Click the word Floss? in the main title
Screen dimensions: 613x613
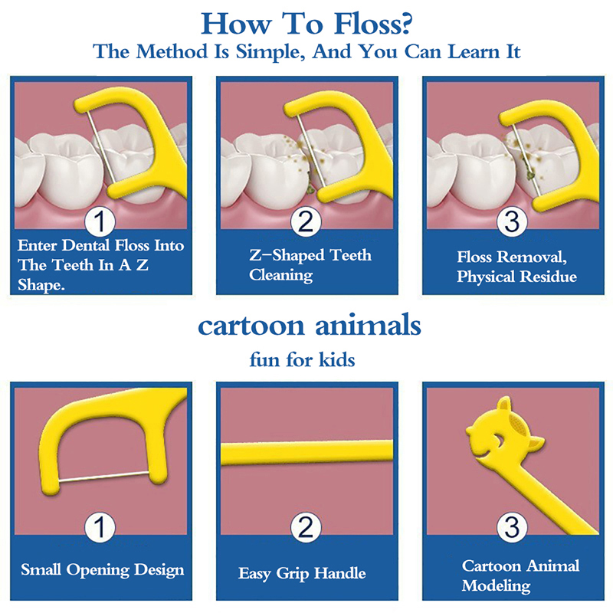[x=372, y=25]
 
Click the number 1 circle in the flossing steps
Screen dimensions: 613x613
[x=100, y=221]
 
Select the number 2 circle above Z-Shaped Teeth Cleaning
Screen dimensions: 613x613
[x=306, y=221]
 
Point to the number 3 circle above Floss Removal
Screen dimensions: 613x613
[x=512, y=221]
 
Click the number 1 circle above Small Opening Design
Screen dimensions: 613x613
[x=100, y=527]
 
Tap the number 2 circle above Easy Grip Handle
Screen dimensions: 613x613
[x=306, y=527]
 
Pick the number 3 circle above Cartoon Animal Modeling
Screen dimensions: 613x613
[x=512, y=527]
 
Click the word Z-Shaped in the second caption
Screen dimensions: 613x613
[x=287, y=255]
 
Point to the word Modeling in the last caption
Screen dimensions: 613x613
[x=496, y=586]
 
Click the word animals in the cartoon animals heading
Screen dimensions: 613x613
[x=368, y=326]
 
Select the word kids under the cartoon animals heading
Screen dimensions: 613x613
[x=336, y=359]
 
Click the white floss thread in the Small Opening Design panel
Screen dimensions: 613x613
[x=104, y=477]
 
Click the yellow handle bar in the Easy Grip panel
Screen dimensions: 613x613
[x=307, y=453]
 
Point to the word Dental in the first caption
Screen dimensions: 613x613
[x=86, y=245]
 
